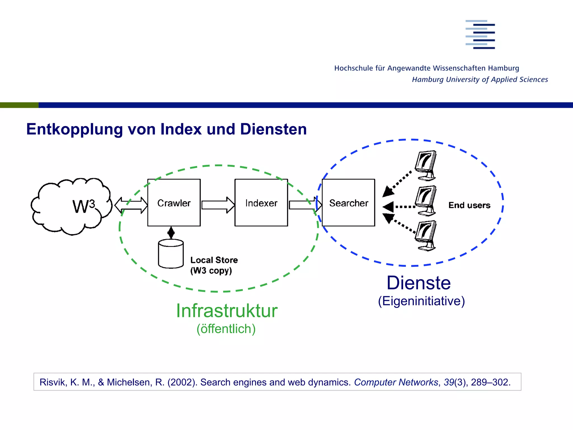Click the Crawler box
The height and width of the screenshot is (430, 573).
pyautogui.click(x=174, y=203)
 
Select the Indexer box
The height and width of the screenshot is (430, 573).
pyautogui.click(x=261, y=203)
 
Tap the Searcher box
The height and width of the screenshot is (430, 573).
pyautogui.click(x=348, y=203)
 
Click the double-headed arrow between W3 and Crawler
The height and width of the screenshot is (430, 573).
pyautogui.click(x=131, y=205)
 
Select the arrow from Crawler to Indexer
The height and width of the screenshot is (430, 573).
pyautogui.click(x=218, y=205)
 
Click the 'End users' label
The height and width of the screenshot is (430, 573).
pyautogui.click(x=469, y=205)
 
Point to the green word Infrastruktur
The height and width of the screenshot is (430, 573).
pyautogui.click(x=227, y=311)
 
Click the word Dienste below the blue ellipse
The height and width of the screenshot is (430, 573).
pyautogui.click(x=419, y=283)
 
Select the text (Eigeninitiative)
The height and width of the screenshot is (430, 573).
pyautogui.click(x=421, y=301)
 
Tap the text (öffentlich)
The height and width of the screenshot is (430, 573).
pyautogui.click(x=226, y=329)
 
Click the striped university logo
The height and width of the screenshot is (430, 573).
pyautogui.click(x=480, y=34)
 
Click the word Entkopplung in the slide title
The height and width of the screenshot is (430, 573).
pyautogui.click(x=74, y=129)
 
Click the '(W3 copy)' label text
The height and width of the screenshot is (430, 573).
pyautogui.click(x=211, y=271)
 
